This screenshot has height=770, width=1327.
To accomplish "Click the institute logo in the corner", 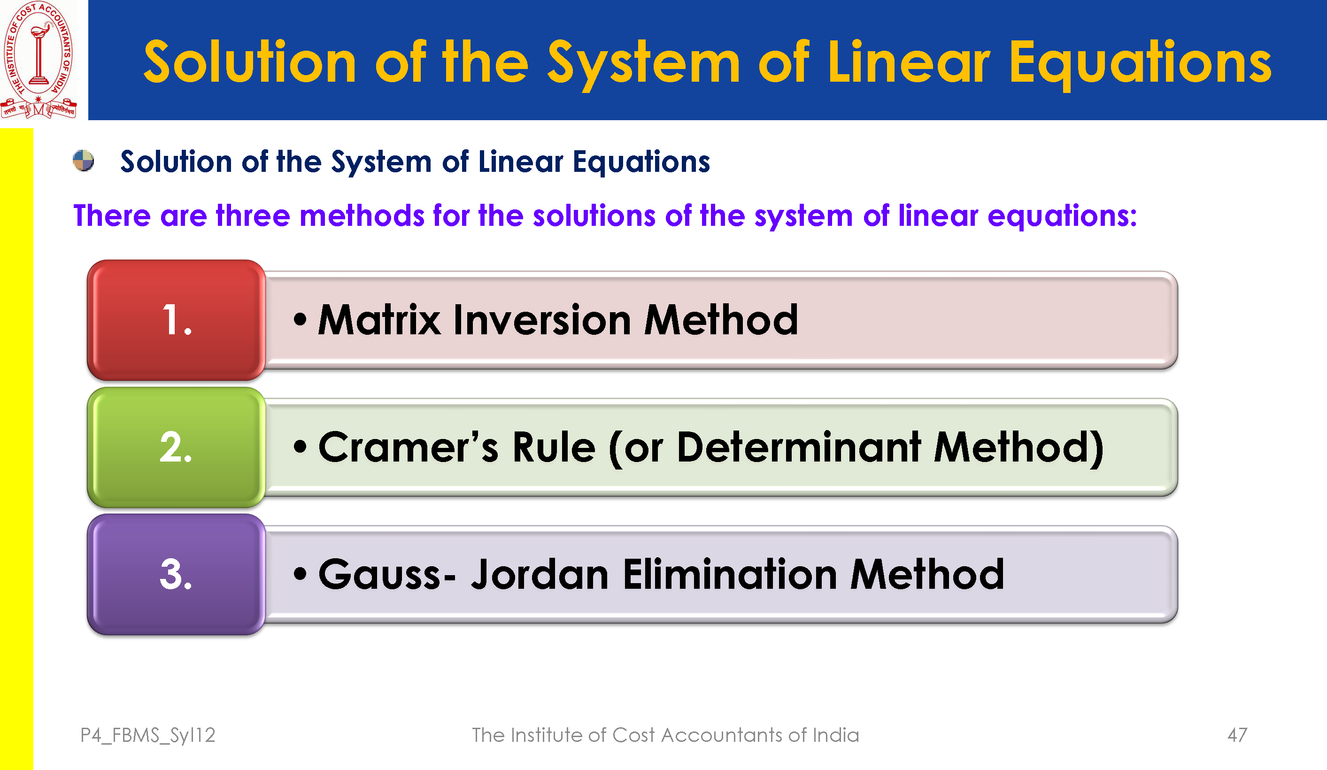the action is click(39, 59).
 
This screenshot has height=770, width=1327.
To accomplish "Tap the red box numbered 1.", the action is click(177, 320).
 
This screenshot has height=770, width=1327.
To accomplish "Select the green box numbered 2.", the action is click(177, 447).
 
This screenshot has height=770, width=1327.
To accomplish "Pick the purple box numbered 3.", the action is click(177, 574).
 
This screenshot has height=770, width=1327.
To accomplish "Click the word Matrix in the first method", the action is click(379, 320).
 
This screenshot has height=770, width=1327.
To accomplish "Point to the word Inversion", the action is click(542, 320).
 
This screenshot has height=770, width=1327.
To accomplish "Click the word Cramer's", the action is click(408, 447).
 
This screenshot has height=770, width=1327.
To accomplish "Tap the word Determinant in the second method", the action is click(799, 447).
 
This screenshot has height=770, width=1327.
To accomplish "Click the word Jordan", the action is click(540, 574).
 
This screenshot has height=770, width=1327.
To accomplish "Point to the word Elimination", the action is click(730, 574).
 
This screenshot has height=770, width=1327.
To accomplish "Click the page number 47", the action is click(1237, 735).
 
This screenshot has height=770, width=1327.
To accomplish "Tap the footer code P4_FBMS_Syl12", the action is click(148, 735).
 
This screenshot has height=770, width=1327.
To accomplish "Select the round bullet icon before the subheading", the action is click(83, 161).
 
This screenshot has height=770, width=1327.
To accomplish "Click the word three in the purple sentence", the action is click(253, 216).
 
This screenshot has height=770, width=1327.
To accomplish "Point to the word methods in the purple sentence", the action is click(362, 216).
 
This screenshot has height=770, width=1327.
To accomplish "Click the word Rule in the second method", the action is click(554, 447).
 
